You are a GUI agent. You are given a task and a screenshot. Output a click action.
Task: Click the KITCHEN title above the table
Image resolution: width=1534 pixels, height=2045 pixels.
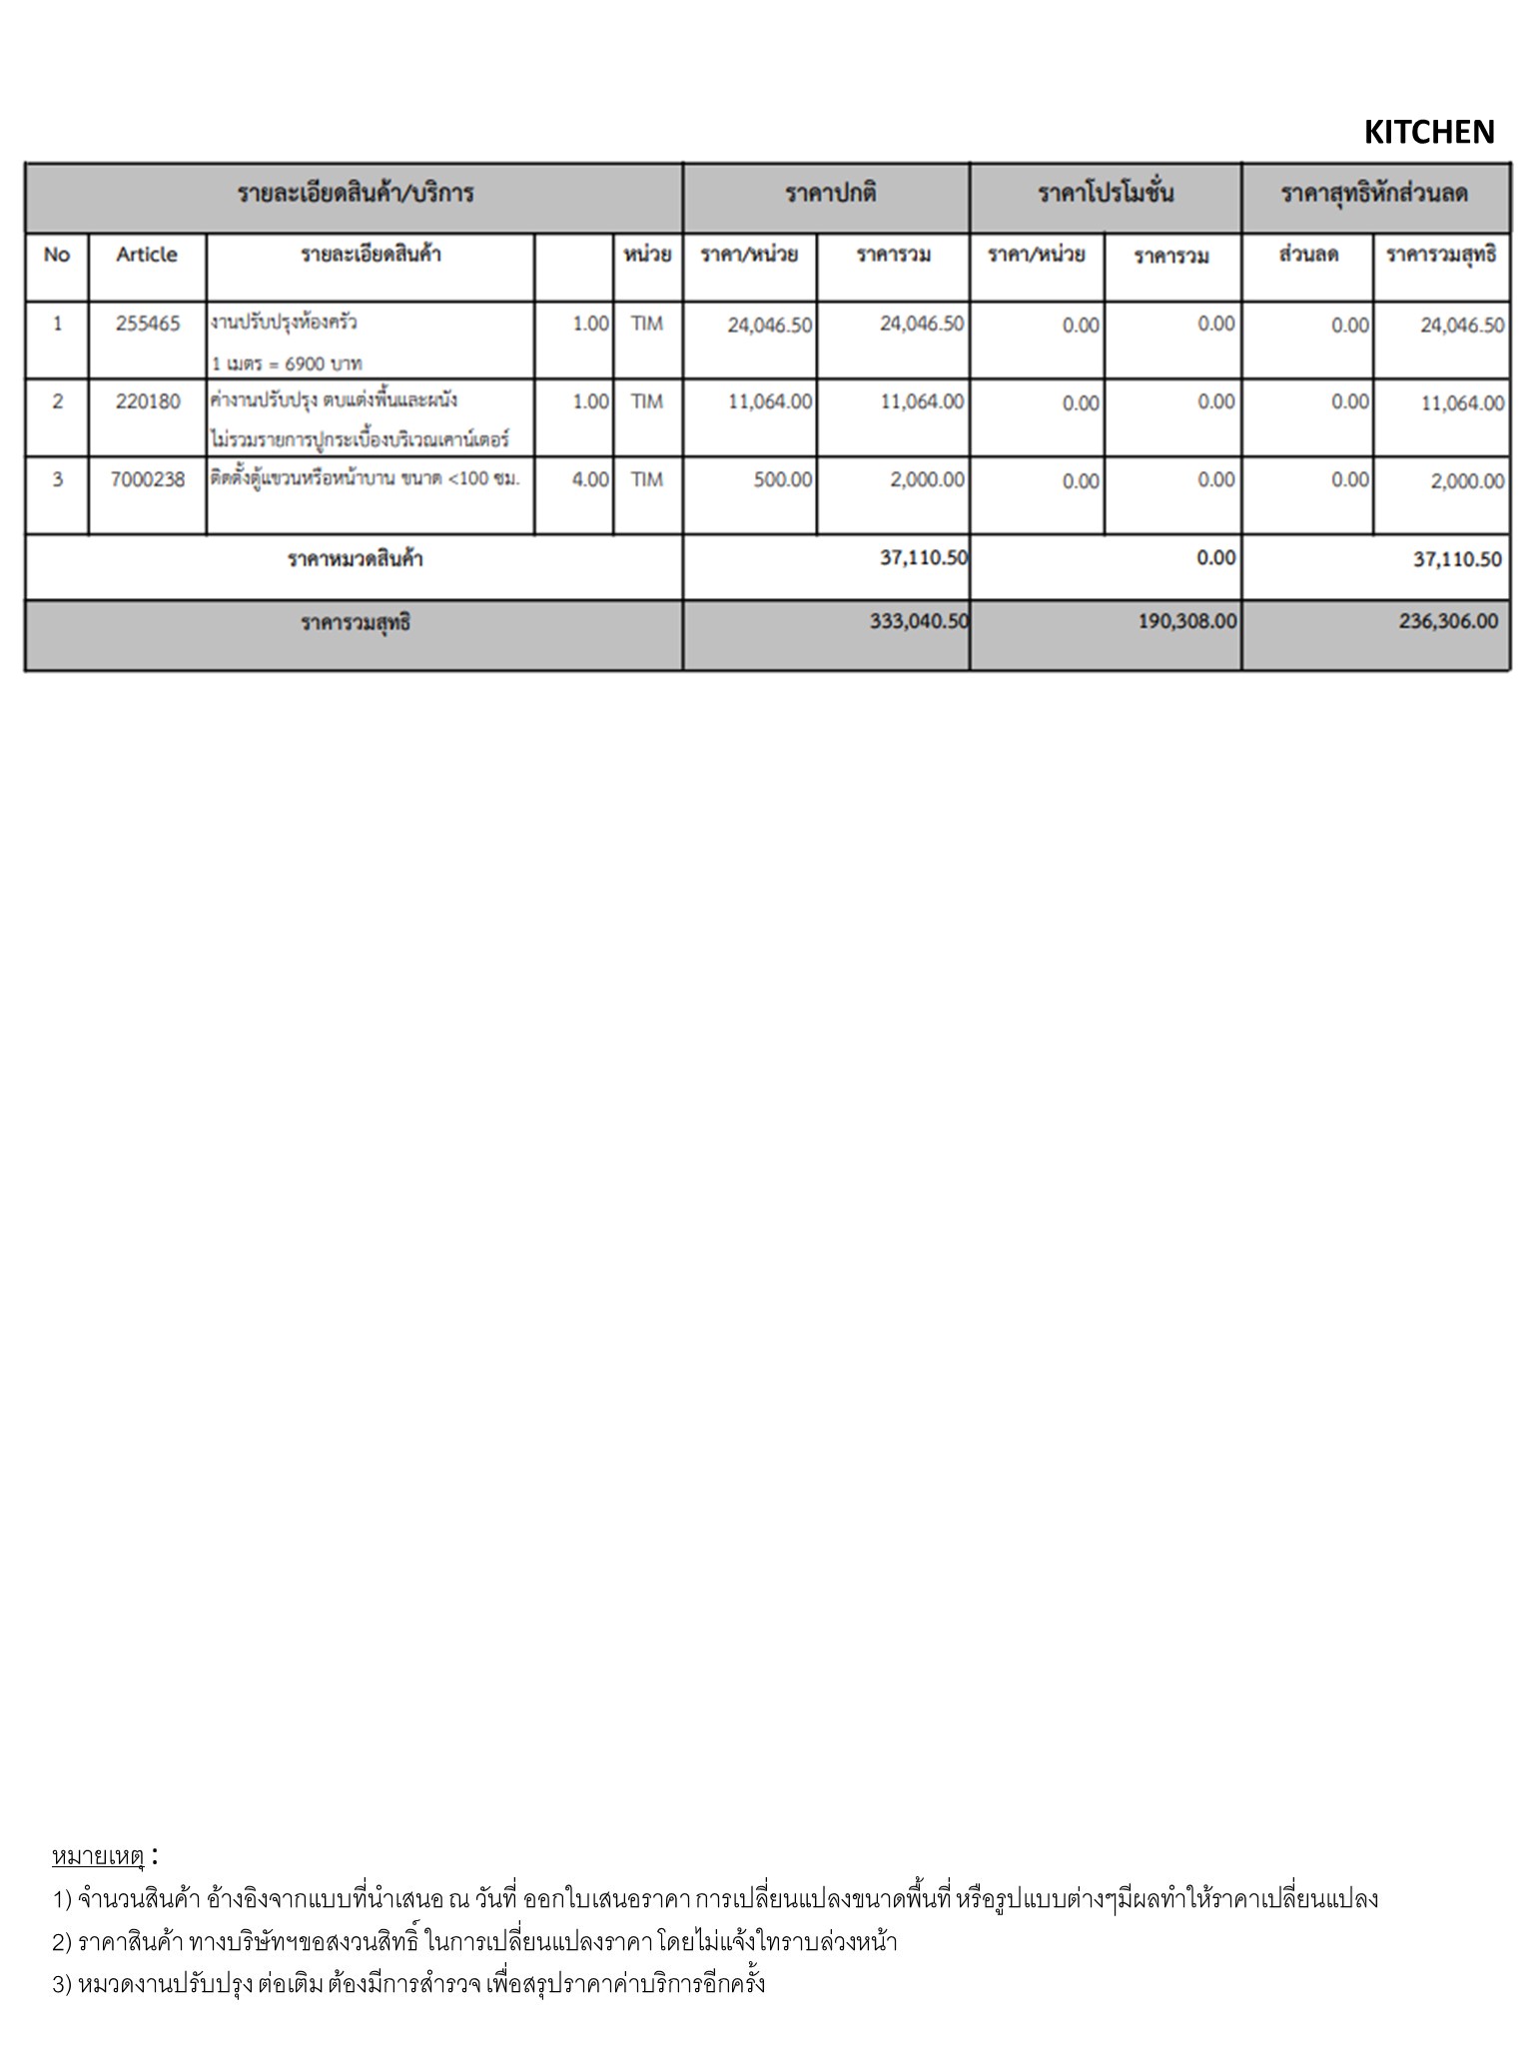pyautogui.click(x=1428, y=132)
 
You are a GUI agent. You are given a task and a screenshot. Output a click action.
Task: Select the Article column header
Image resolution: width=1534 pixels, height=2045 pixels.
pyautogui.click(x=146, y=255)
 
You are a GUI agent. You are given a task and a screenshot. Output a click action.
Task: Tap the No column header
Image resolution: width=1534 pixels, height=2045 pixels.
pyautogui.click(x=57, y=255)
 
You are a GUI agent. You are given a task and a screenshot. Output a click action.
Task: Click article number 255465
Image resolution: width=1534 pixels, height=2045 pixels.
pyautogui.click(x=148, y=324)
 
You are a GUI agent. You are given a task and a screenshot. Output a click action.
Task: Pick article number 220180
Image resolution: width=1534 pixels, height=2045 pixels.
pyautogui.click(x=148, y=401)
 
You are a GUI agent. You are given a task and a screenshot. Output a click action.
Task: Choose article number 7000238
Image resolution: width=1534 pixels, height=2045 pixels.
pyautogui.click(x=148, y=479)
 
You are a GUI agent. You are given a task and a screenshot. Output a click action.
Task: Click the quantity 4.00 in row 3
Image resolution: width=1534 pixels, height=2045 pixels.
pyautogui.click(x=590, y=479)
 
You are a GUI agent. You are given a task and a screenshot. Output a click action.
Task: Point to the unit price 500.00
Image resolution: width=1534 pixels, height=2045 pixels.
pyautogui.click(x=783, y=480)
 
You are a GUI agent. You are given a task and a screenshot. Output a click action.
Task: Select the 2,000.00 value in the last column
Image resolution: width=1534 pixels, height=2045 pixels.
pyautogui.click(x=1467, y=481)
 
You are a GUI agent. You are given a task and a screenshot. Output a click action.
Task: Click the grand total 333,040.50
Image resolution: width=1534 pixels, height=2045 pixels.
pyautogui.click(x=919, y=621)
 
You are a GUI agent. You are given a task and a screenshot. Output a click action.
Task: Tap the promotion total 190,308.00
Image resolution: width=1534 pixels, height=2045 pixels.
pyautogui.click(x=1187, y=621)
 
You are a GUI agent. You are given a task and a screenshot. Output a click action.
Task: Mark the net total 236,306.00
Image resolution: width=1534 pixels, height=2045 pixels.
pyautogui.click(x=1448, y=621)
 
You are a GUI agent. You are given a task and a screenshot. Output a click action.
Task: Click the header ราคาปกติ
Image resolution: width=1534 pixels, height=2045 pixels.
pyautogui.click(x=830, y=193)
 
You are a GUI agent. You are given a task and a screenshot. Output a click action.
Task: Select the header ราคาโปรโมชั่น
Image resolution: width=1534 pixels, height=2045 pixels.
pyautogui.click(x=1106, y=193)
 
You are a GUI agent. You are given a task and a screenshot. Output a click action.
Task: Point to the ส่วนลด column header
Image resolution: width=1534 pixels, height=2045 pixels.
pyautogui.click(x=1307, y=255)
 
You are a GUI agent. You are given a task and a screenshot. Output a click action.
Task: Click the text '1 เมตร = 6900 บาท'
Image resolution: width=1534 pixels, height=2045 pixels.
pyautogui.click(x=287, y=363)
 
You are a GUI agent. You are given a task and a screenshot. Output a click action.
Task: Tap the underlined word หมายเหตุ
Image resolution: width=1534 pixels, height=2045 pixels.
pyautogui.click(x=98, y=1856)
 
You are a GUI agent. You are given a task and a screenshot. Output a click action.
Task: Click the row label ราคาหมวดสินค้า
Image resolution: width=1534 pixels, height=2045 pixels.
pyautogui.click(x=355, y=559)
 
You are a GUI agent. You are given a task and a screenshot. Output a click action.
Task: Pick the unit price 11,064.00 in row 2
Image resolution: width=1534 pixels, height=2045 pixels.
pyautogui.click(x=770, y=402)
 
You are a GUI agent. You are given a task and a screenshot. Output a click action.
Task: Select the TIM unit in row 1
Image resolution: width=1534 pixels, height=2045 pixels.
pyautogui.click(x=646, y=324)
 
